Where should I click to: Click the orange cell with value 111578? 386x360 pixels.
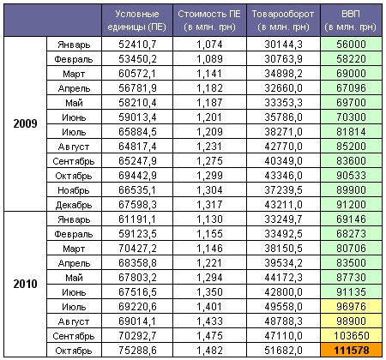point(352,350)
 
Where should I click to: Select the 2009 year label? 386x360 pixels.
point(25,123)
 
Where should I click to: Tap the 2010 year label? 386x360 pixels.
point(25,284)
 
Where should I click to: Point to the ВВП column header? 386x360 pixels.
point(351,20)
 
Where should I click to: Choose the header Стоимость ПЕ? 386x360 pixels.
point(209,20)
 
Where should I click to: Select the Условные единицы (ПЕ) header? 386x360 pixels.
point(137,20)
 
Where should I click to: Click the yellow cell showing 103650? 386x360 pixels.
point(352,335)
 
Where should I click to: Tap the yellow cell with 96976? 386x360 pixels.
point(352,306)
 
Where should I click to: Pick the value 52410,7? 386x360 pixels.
point(137,45)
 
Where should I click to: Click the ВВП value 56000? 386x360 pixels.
point(352,45)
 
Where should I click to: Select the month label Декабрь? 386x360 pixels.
point(74,205)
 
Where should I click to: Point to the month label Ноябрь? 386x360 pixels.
point(74,190)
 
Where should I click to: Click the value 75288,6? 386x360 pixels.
point(137,351)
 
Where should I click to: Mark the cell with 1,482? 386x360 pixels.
point(209,351)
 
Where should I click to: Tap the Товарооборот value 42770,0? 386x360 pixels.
point(283,147)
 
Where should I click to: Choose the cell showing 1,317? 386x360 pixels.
point(209,205)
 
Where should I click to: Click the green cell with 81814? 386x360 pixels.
point(352,132)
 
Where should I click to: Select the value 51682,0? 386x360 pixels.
point(283,351)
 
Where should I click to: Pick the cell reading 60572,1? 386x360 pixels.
point(137,74)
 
